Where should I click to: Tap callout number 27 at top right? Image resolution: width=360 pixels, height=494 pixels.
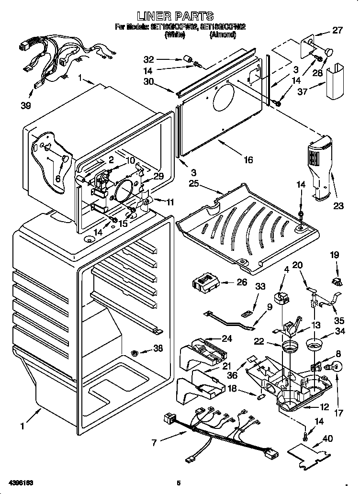[x=337, y=31]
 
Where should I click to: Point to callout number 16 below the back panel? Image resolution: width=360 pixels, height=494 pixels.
[x=248, y=160]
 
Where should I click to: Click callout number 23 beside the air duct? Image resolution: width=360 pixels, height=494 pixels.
[x=339, y=206]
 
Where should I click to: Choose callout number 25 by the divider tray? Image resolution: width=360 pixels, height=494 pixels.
[x=193, y=184]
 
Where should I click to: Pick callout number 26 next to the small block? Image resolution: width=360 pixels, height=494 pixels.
[x=242, y=282]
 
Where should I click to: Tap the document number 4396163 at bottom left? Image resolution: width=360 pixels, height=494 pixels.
[x=20, y=482]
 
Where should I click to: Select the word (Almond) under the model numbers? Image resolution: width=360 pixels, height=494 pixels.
[x=222, y=35]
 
